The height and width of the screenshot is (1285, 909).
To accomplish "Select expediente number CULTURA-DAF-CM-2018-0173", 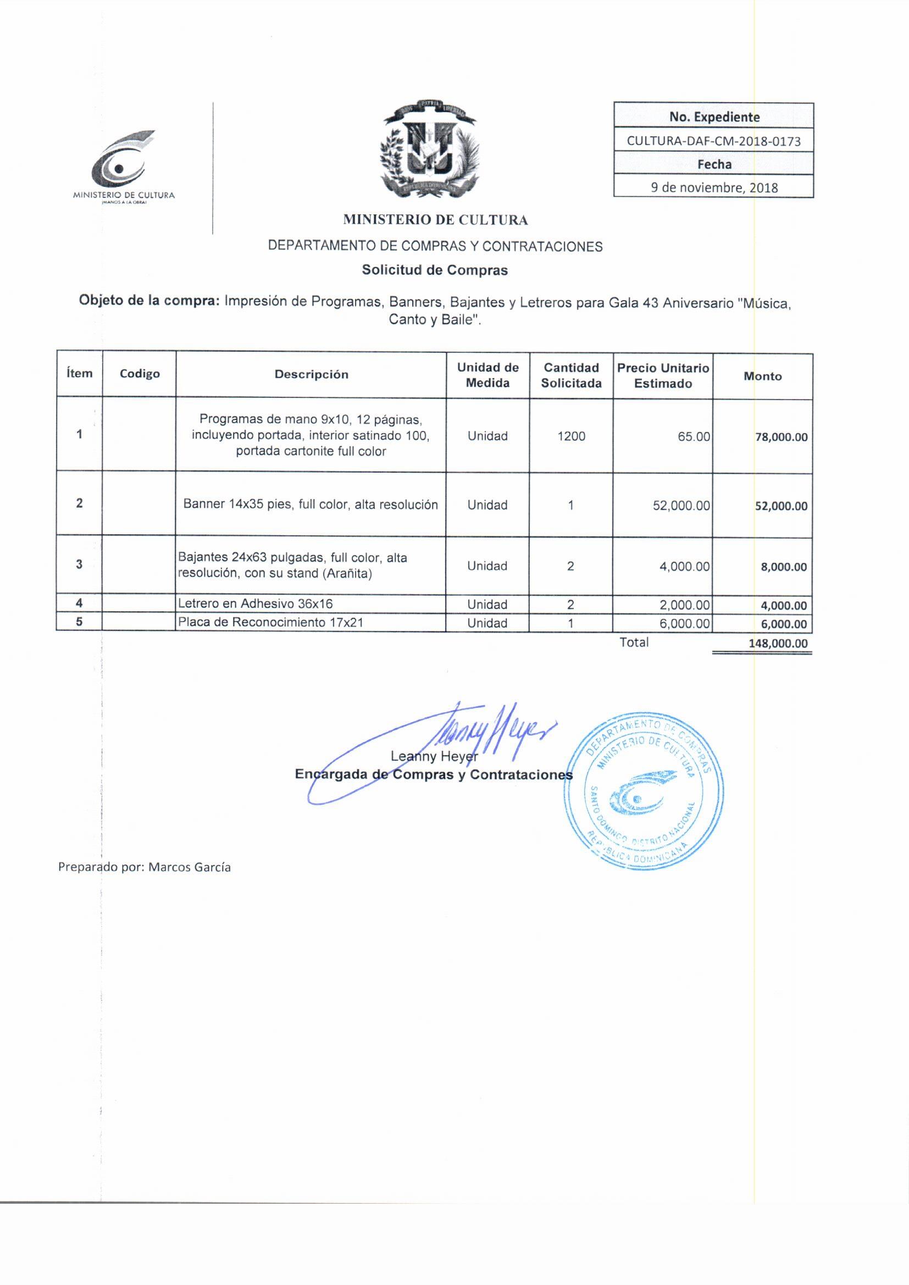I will tap(713, 141).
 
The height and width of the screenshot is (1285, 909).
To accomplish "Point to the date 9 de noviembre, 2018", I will tap(714, 187).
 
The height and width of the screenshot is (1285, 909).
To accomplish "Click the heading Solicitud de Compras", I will tap(434, 270).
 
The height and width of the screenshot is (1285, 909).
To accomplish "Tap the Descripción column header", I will tap(311, 374).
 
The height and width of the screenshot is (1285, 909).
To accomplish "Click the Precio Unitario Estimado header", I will tap(663, 375).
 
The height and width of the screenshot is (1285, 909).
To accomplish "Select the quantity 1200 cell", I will tap(571, 436).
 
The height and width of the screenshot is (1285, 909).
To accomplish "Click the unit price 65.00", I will tap(694, 436).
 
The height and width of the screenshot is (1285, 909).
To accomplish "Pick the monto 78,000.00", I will tap(781, 437).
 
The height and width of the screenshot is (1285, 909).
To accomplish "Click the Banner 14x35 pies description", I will tap(311, 505).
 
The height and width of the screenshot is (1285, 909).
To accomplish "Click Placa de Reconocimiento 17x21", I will tap(270, 622).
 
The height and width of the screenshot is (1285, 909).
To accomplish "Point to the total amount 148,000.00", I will tap(778, 644).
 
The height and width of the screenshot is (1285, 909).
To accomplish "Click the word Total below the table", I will tap(634, 642).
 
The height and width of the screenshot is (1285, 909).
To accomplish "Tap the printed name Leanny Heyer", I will tap(434, 757).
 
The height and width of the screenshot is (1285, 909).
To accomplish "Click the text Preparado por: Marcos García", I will tap(145, 867).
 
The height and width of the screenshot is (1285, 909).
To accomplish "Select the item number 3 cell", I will tap(79, 564).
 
